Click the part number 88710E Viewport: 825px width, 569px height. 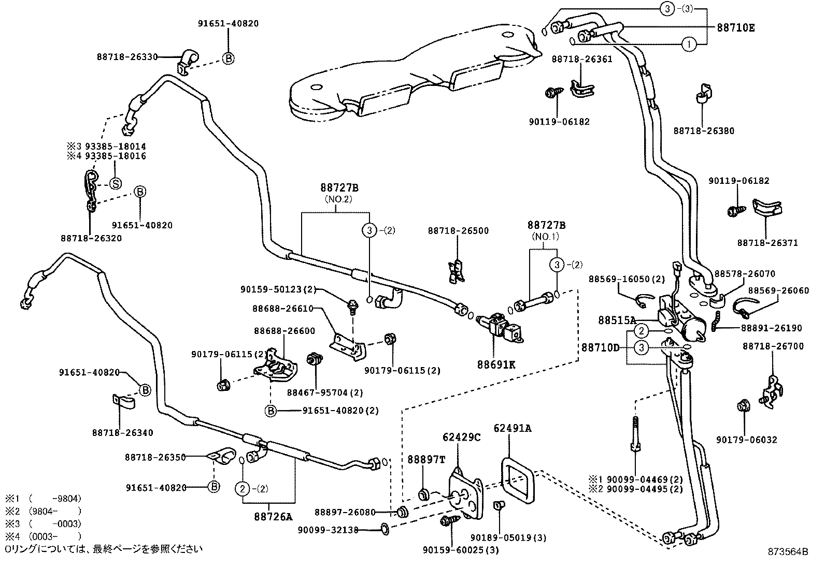click(735, 27)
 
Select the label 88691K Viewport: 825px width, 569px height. click(496, 364)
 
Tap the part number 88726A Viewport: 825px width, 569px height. click(273, 516)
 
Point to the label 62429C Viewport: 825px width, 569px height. click(461, 437)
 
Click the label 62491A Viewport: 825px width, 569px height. click(513, 428)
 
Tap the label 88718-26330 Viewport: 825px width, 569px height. click(127, 57)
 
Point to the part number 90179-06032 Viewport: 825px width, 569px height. click(747, 440)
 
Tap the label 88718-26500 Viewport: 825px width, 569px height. click(458, 230)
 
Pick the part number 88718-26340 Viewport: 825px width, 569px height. click(123, 432)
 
